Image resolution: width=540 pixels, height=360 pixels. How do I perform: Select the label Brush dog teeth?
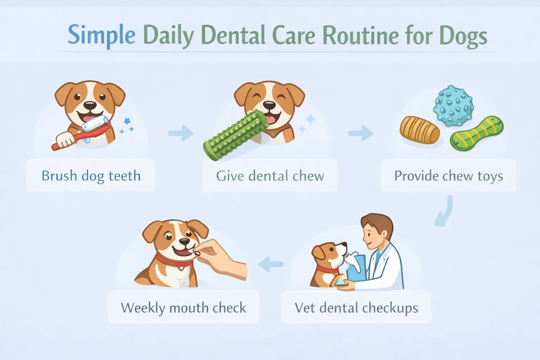tap(91, 175)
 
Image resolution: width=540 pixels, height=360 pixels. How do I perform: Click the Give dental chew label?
tap(270, 175)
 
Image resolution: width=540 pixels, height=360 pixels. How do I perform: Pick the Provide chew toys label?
tap(449, 175)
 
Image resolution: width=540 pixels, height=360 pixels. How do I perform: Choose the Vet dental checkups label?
tap(356, 308)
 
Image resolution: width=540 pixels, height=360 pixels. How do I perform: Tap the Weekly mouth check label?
tap(183, 308)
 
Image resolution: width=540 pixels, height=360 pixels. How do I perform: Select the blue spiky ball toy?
tap(453, 106)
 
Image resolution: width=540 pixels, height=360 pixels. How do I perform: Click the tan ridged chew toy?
tap(419, 130)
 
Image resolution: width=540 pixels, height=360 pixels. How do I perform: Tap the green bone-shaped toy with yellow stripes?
tap(477, 134)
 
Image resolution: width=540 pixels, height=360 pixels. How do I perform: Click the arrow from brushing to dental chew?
tap(181, 133)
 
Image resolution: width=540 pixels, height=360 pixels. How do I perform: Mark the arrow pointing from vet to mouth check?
tap(270, 264)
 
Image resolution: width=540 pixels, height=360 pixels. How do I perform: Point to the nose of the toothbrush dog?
tap(90, 105)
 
